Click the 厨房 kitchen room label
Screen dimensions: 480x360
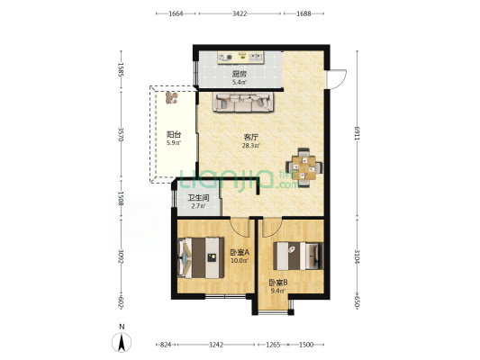pos(239,74)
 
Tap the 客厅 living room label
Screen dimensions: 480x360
pos(250,137)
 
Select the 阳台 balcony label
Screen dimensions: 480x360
pos(174,134)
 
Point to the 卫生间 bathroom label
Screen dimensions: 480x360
pos(198,198)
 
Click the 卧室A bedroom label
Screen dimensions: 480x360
pos(240,252)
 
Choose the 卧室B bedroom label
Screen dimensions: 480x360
pos(278,283)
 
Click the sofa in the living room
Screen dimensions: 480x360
pos(243,103)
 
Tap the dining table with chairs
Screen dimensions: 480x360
pos(303,167)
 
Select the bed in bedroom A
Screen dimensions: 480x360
pos(201,257)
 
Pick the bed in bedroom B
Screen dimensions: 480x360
pos(298,256)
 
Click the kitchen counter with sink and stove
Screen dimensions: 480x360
pos(240,58)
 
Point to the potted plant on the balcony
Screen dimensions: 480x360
pos(171,97)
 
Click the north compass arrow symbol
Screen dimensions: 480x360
pos(122,342)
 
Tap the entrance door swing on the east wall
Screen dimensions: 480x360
pos(337,79)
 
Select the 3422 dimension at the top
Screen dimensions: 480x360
pos(240,13)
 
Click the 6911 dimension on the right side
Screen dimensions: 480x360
pos(357,133)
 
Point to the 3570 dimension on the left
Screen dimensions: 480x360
pos(121,134)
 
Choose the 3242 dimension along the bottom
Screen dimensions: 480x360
pos(216,345)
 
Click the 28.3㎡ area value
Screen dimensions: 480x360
pos(250,146)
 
